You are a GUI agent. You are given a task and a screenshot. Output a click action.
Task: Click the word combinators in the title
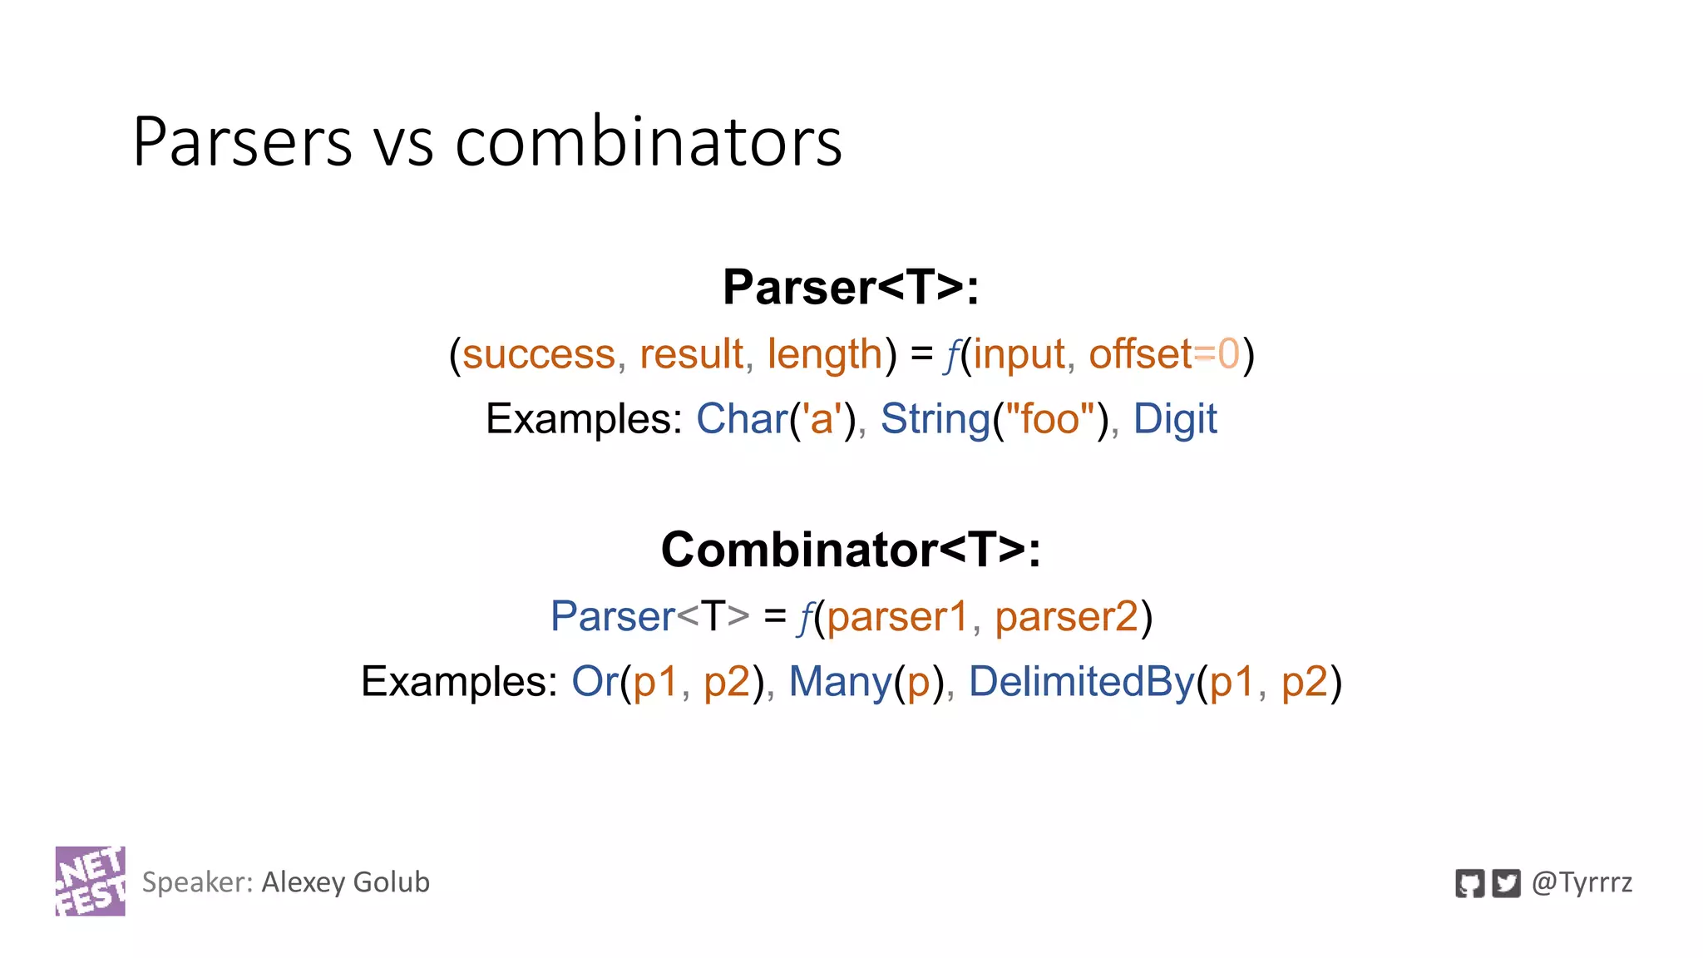pyautogui.click(x=649, y=142)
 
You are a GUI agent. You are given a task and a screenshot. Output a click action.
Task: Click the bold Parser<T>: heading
pyautogui.click(x=851, y=287)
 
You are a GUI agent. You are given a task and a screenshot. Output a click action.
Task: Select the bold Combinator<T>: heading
pyautogui.click(x=851, y=550)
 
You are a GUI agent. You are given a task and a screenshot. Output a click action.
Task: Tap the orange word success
pyautogui.click(x=538, y=354)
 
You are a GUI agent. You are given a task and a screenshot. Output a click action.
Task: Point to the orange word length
pyautogui.click(x=824, y=356)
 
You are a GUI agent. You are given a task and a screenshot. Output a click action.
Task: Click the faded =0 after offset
pyautogui.click(x=1217, y=354)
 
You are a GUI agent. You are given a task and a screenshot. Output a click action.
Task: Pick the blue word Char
pyautogui.click(x=742, y=418)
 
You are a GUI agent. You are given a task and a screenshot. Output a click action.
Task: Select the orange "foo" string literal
pyautogui.click(x=1050, y=418)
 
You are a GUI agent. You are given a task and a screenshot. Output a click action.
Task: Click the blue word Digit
pyautogui.click(x=1174, y=420)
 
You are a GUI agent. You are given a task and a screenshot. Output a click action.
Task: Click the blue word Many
pyautogui.click(x=840, y=683)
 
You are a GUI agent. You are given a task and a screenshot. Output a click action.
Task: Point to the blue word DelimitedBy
pyautogui.click(x=1081, y=683)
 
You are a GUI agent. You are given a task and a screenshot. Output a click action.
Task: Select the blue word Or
pyautogui.click(x=595, y=682)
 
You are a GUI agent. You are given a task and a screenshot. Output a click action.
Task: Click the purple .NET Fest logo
pyautogui.click(x=90, y=881)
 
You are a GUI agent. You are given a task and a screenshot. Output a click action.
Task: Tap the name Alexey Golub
pyautogui.click(x=345, y=882)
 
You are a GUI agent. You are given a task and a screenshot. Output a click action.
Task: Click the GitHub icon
pyautogui.click(x=1469, y=883)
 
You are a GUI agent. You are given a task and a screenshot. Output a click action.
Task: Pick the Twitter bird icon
pyautogui.click(x=1506, y=883)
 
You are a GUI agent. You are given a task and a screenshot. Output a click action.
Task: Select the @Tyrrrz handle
pyautogui.click(x=1582, y=883)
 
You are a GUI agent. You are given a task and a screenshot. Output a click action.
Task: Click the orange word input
pyautogui.click(x=1019, y=356)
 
